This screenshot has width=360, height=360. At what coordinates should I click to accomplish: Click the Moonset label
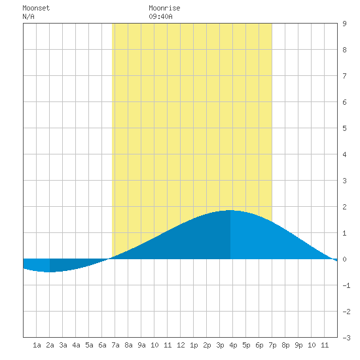(x=36, y=8)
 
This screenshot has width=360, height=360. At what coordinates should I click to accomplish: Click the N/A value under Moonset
(x=28, y=16)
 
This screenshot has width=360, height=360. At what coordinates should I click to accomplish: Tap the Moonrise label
(x=164, y=8)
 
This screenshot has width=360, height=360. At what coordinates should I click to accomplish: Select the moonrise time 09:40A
(x=160, y=16)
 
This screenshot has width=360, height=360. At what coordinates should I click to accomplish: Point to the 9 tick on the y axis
(x=344, y=24)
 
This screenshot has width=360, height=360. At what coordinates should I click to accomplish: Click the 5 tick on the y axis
(x=344, y=128)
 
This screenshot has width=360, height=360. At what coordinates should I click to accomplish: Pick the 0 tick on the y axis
(x=344, y=259)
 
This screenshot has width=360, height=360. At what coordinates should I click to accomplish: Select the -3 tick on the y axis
(x=346, y=338)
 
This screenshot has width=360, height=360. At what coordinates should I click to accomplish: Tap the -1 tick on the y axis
(x=346, y=285)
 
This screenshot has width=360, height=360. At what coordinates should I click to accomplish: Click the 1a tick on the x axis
(x=37, y=345)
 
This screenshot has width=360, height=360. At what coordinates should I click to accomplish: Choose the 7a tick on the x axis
(x=115, y=345)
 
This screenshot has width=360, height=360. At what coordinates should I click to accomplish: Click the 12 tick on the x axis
(x=181, y=345)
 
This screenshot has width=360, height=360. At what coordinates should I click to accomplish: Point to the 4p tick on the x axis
(x=233, y=345)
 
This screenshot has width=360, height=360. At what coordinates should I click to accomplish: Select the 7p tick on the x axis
(x=272, y=345)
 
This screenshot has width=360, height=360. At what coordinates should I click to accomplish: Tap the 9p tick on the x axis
(x=298, y=345)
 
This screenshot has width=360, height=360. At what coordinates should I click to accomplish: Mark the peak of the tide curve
(x=230, y=210)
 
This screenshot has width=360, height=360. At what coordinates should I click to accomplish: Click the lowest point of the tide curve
(x=49, y=272)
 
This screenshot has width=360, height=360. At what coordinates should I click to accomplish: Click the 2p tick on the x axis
(x=207, y=345)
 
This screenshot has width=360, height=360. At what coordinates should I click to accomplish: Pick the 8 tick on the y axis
(x=344, y=50)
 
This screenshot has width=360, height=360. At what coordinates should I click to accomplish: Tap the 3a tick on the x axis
(x=63, y=345)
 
